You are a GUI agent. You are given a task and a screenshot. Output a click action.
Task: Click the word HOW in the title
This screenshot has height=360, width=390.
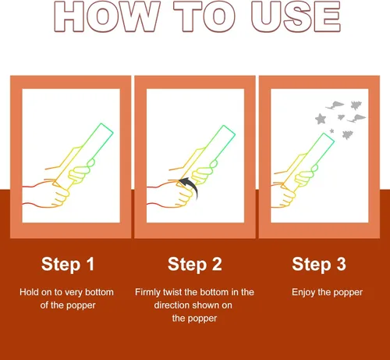click(x=107, y=16)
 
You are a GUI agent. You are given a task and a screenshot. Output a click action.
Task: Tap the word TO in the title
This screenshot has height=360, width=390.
click(x=204, y=16)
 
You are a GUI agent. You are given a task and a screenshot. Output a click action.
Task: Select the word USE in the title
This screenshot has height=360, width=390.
click(x=296, y=16)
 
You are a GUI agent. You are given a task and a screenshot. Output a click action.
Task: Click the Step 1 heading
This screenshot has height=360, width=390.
click(x=68, y=265)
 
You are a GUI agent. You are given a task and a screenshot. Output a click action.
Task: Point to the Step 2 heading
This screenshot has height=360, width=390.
click(x=195, y=265)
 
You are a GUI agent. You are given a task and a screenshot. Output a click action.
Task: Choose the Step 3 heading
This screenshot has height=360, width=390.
click(x=319, y=265)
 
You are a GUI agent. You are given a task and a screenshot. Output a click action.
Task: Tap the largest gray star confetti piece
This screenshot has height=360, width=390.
click(x=321, y=119)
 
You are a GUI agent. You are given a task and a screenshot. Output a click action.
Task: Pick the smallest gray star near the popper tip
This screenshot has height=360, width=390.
click(x=331, y=130)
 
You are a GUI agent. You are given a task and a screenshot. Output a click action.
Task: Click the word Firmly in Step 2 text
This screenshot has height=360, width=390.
click(x=147, y=293)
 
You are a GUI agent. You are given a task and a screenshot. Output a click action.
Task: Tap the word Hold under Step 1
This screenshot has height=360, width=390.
click(x=29, y=292)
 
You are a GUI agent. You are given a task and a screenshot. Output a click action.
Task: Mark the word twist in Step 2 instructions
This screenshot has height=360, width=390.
click(x=172, y=292)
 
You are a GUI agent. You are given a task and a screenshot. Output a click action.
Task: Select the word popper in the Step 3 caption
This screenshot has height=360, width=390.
click(x=348, y=293)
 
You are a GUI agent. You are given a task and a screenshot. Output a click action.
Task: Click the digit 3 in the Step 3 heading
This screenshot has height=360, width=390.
click(x=342, y=264)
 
